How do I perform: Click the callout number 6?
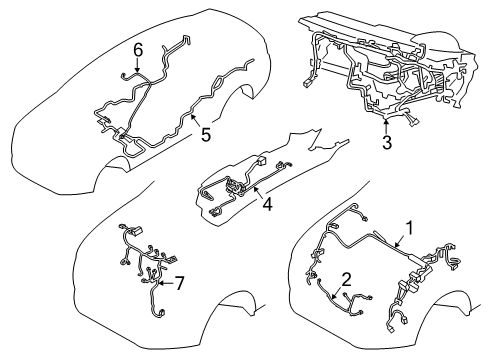click(139, 48)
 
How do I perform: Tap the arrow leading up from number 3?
click(387, 124)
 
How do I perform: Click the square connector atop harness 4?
click(262, 160)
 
